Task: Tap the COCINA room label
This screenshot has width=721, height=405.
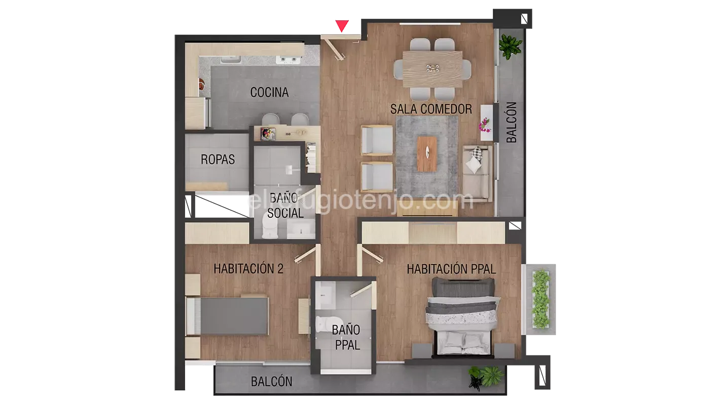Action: pyautogui.click(x=269, y=93)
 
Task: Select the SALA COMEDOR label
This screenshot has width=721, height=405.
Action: pyautogui.click(x=431, y=109)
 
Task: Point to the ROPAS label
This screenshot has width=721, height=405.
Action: pyautogui.click(x=218, y=159)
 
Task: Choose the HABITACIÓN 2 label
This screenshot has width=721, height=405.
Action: pyautogui.click(x=248, y=268)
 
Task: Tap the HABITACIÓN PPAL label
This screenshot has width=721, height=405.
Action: pyautogui.click(x=451, y=269)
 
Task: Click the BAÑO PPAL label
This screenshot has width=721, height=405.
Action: pyautogui.click(x=346, y=338)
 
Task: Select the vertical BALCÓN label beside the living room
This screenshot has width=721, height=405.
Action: pyautogui.click(x=512, y=123)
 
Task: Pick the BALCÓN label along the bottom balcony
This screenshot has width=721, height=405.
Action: pyautogui.click(x=272, y=382)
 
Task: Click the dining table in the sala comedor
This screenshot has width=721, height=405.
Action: pyautogui.click(x=432, y=69)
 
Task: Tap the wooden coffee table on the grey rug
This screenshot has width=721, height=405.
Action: pyautogui.click(x=427, y=151)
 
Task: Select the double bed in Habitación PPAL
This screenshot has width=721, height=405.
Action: pyautogui.click(x=461, y=316)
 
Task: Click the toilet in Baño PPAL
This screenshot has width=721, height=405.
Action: pyautogui.click(x=323, y=324)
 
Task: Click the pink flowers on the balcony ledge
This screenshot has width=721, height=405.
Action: pyautogui.click(x=485, y=125)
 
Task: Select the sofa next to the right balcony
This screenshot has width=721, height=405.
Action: pyautogui.click(x=477, y=173)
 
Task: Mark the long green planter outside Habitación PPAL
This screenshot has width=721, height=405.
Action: pyautogui.click(x=541, y=299)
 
